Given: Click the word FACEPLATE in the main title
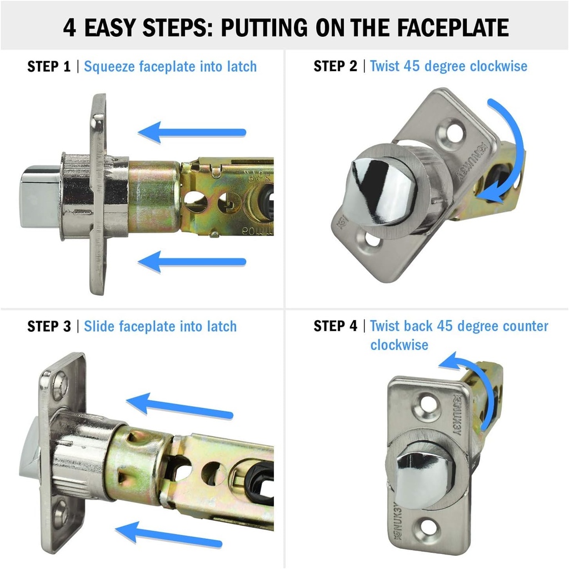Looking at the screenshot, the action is coord(452,27).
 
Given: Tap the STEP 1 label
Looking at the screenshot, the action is coord(49,67).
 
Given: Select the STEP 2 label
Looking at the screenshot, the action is coord(335,67).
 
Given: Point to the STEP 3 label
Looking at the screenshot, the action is coord(49,326).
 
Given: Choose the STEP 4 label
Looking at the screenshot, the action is coord(335,326).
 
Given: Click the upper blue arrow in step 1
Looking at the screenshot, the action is coord(192,132).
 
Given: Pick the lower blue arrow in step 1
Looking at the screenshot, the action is coord(192,262).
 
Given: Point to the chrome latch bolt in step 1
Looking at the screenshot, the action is coord(40,196).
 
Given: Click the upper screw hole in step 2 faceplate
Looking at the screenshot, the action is coord(452,133).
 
